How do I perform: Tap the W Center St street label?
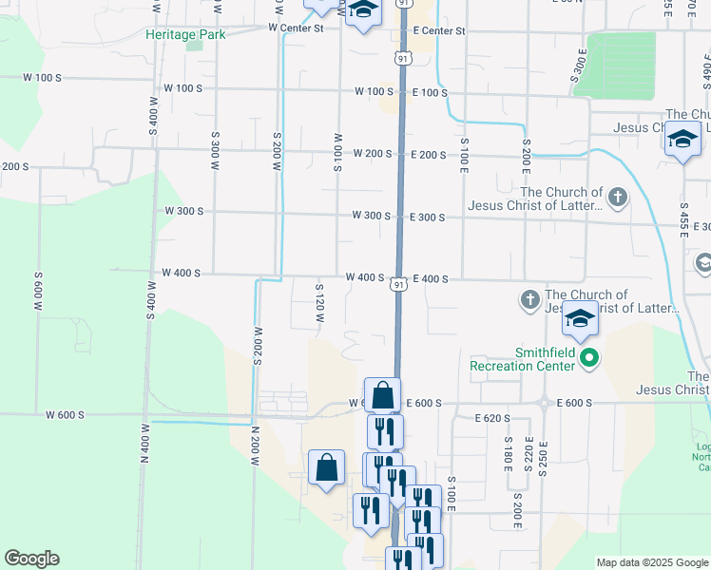[296, 28]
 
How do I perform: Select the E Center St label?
[438, 31]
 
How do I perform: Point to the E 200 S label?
[429, 154]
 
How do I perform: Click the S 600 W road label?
[39, 290]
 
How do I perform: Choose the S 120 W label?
[320, 304]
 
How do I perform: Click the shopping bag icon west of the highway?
[326, 467]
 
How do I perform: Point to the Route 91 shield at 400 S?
[400, 284]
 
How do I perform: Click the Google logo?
[31, 559]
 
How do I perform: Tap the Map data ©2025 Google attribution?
[651, 562]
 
